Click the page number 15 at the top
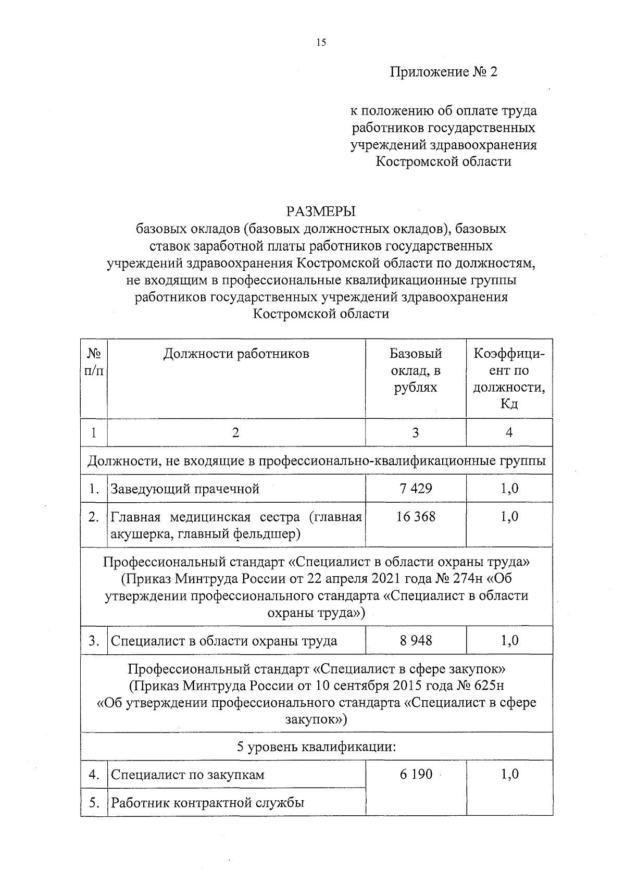coord(321,43)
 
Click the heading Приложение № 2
coord(444,71)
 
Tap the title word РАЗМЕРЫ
coord(321,212)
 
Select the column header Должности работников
coord(236,354)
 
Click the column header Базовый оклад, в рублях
coord(415,370)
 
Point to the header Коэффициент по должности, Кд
coord(509,379)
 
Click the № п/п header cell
coord(94,362)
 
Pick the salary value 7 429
coord(415,488)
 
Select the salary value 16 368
coord(415,516)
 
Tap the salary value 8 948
coord(415,640)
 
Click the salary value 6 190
coord(416,774)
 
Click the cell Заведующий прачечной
coord(185,489)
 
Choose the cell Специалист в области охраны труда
coord(224,641)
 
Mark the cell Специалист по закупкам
coord(187,775)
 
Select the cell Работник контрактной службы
coord(207,802)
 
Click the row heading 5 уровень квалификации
coord(317,747)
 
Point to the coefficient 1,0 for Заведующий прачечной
coord(509,488)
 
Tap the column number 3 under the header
coord(415,432)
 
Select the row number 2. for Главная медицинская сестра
coord(94,517)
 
